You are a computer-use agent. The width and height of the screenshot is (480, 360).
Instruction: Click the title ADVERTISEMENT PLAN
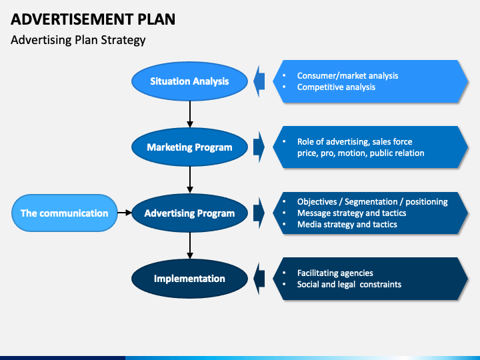tap(93, 19)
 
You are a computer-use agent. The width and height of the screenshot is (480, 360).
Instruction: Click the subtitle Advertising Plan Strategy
tap(78, 40)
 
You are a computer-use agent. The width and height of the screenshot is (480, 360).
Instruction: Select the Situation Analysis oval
tap(189, 81)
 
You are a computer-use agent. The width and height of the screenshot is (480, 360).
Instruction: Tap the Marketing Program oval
tap(189, 147)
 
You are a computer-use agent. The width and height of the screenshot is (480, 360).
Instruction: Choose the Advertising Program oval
tap(189, 213)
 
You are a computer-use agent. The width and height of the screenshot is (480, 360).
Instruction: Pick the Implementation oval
tap(189, 279)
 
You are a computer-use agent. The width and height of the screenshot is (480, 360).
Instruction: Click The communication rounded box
tap(64, 213)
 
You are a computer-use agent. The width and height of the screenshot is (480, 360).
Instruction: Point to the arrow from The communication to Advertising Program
tap(125, 213)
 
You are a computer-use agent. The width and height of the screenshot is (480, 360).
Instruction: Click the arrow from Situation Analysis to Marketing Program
tap(190, 114)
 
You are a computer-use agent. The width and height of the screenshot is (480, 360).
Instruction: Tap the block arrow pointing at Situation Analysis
tap(259, 81)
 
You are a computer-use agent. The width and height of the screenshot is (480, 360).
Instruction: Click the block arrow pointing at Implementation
tap(259, 279)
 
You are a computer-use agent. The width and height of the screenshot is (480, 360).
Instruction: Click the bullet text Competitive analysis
tap(336, 87)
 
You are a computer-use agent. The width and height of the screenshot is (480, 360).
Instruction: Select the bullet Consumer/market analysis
tap(347, 75)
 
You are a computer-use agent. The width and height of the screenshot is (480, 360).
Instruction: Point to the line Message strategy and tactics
tap(351, 213)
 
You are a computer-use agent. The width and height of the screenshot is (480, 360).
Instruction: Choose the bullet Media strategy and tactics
tap(347, 225)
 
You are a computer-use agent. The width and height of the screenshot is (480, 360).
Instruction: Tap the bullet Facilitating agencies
tap(335, 273)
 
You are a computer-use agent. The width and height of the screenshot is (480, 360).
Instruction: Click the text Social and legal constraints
tap(349, 285)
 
